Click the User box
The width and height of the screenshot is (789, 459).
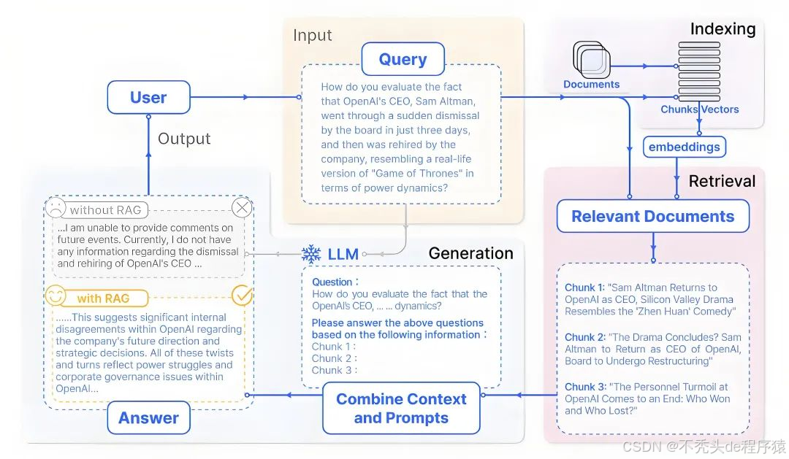point(148,98)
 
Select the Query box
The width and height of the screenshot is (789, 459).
point(403,60)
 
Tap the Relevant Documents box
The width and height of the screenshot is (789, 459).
point(652,217)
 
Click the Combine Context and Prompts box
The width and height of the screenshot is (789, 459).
point(401,409)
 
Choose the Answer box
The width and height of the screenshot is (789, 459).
point(148,418)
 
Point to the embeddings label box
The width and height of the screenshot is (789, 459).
point(684,147)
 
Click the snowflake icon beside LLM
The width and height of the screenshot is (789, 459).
point(311,254)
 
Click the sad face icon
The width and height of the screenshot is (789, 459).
point(55,208)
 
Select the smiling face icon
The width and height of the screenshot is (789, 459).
point(56,296)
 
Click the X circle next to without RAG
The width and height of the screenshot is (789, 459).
point(242,208)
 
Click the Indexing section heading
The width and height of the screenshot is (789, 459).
point(723,29)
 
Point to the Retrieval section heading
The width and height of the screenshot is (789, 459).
point(722,181)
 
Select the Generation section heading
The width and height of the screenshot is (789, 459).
point(470,254)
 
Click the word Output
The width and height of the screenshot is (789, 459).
point(184,139)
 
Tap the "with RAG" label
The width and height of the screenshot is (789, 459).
point(99,298)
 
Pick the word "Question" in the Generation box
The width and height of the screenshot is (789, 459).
point(332,282)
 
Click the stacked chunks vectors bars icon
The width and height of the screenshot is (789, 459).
point(699,72)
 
